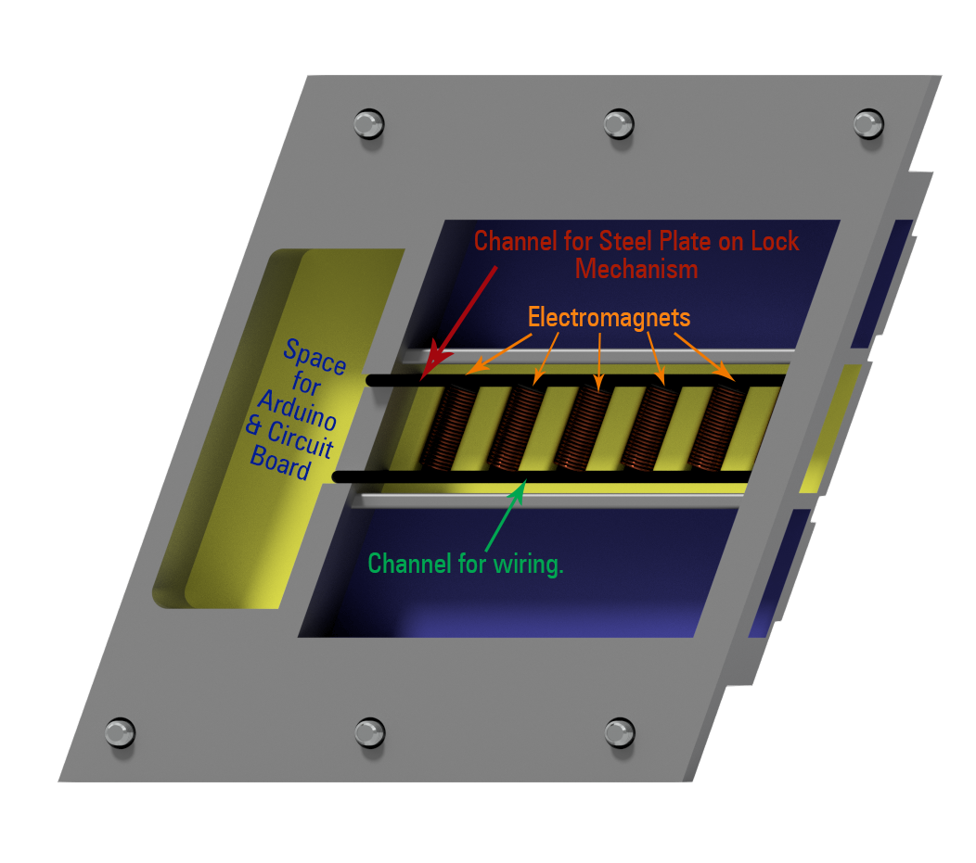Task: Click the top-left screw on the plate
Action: click(x=368, y=123)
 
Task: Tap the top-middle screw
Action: click(x=619, y=123)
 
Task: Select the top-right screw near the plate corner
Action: click(x=868, y=123)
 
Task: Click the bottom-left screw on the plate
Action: click(x=120, y=732)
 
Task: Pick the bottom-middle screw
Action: click(x=370, y=732)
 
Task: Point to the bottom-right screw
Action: click(x=620, y=732)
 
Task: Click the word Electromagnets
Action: click(x=609, y=318)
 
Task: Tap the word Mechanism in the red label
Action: click(x=636, y=269)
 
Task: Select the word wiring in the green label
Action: click(x=528, y=565)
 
